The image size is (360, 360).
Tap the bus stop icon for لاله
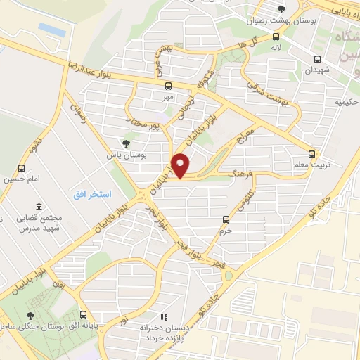(x=276, y=37)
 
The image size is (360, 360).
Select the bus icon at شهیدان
(x=317, y=60)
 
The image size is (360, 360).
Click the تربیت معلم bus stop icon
(x=313, y=154)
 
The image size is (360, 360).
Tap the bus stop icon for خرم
(x=225, y=219)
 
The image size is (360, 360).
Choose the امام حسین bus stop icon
(x=22, y=169)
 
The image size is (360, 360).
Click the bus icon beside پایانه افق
(x=84, y=315)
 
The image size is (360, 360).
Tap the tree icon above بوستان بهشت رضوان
(x=281, y=9)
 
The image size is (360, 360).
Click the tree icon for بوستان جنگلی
(x=30, y=315)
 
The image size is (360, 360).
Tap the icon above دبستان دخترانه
(x=165, y=317)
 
